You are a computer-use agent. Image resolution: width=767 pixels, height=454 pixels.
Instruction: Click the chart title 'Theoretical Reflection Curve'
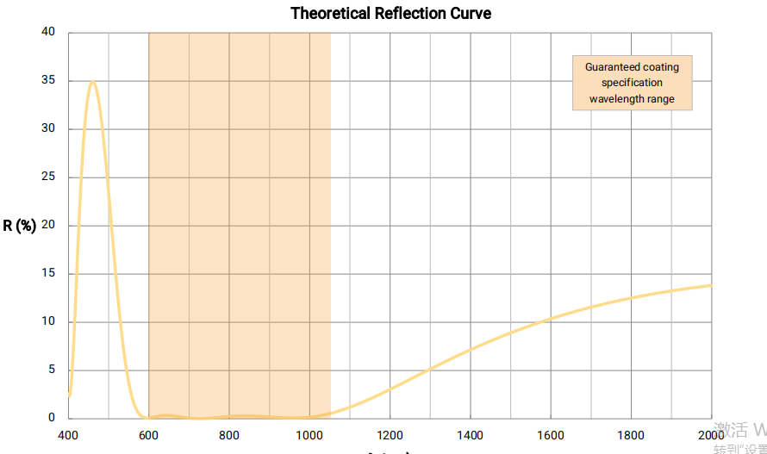pyautogui.click(x=390, y=13)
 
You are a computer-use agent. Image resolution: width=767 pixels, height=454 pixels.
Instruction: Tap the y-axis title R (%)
pyautogui.click(x=20, y=226)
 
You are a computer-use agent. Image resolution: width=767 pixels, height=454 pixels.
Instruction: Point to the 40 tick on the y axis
pyautogui.click(x=48, y=33)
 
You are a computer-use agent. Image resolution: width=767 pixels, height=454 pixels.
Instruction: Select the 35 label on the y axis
pyautogui.click(x=48, y=81)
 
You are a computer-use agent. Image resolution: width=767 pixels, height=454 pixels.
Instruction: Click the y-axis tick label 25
pyautogui.click(x=48, y=177)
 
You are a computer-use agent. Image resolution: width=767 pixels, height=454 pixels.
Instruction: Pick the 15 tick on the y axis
pyautogui.click(x=48, y=274)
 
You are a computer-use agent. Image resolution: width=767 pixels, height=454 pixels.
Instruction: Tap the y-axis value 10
pyautogui.click(x=48, y=322)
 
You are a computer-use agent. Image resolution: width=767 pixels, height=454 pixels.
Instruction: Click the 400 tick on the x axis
pyautogui.click(x=69, y=435)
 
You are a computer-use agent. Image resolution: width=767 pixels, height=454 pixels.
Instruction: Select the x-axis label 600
pyautogui.click(x=149, y=435)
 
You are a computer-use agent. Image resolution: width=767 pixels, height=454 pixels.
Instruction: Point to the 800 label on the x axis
pyautogui.click(x=229, y=435)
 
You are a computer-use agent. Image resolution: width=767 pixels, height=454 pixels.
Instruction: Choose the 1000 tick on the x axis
pyautogui.click(x=309, y=435)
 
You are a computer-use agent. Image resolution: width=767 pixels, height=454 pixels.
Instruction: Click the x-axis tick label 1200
pyautogui.click(x=390, y=435)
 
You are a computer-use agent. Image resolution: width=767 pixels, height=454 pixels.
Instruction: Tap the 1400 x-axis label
pyautogui.click(x=471, y=435)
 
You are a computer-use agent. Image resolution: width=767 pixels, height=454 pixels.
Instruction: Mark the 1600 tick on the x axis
pyautogui.click(x=551, y=435)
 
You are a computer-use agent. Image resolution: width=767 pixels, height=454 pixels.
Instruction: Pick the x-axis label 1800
pyautogui.click(x=632, y=435)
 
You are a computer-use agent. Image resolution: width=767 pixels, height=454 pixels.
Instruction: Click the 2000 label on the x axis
pyautogui.click(x=711, y=435)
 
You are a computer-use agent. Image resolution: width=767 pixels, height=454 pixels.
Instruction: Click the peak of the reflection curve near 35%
pyautogui.click(x=92, y=83)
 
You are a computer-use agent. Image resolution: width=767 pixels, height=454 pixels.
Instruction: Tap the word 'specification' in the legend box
pyautogui.click(x=632, y=83)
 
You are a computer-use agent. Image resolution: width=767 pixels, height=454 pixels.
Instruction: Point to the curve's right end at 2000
pyautogui.click(x=711, y=285)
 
